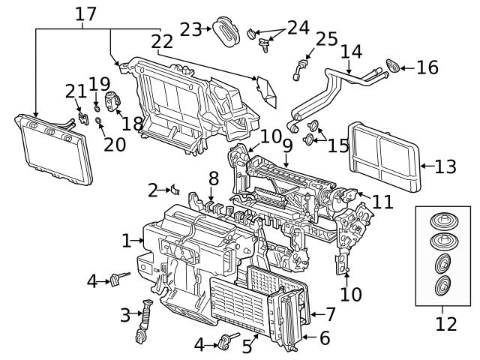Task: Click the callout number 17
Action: coord(86,13)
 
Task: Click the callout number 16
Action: coord(427,68)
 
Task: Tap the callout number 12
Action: coord(445,324)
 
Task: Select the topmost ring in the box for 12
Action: coord(443,223)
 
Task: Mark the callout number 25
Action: coord(326,39)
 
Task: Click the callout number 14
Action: coord(351,52)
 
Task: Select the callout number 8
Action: coord(214,178)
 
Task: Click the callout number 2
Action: coord(153,190)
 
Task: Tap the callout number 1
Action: coord(127,241)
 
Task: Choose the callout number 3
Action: coord(125,316)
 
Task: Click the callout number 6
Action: coord(324,338)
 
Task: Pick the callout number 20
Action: coord(115,143)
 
